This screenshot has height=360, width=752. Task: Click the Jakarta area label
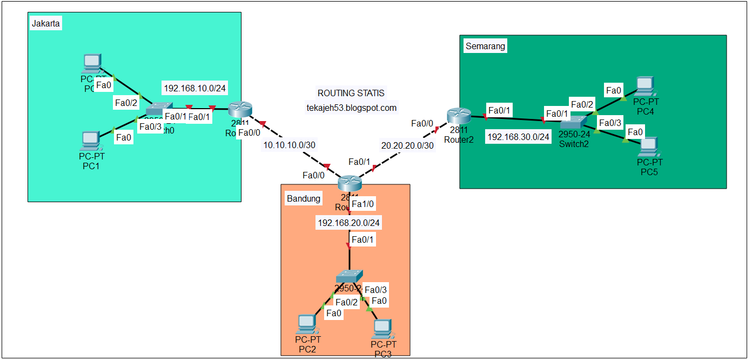tap(46, 24)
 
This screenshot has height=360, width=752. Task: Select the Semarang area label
tap(485, 46)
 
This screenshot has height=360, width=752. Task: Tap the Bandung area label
tap(303, 198)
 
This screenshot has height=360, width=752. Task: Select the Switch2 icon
tap(574, 122)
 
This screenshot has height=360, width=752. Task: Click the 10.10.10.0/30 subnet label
tap(288, 145)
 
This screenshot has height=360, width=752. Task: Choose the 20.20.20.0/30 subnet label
tap(407, 145)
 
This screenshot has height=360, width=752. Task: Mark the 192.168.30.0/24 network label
tap(518, 137)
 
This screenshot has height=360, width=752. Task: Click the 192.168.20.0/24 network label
tap(348, 223)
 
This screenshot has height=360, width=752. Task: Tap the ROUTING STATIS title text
tap(351, 94)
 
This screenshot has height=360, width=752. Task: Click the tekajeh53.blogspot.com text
tap(351, 108)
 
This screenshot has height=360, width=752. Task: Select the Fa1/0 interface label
tap(363, 204)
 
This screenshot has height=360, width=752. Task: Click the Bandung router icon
tap(349, 183)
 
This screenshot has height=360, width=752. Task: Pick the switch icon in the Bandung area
tap(349, 277)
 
